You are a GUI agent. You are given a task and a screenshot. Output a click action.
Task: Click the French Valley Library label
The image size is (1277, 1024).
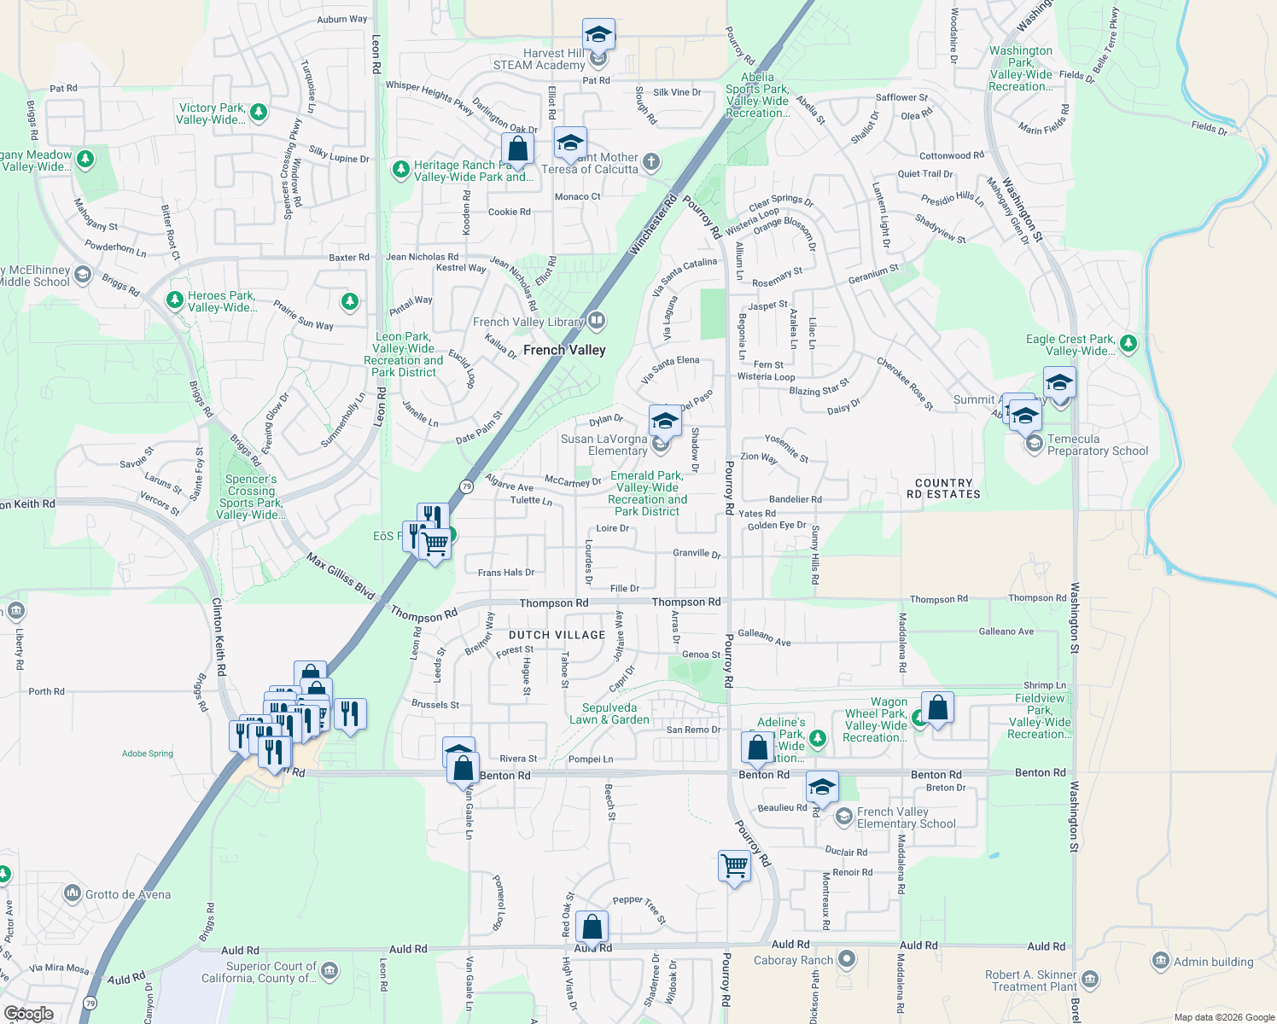(528, 322)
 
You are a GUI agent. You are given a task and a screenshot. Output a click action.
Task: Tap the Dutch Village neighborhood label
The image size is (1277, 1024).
(557, 635)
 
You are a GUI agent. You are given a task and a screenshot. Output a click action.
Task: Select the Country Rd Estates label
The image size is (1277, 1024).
(943, 488)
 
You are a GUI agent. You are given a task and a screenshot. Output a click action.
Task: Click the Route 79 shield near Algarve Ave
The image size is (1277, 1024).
(466, 486)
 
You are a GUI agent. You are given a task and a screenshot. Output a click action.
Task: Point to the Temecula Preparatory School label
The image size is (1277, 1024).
(1097, 445)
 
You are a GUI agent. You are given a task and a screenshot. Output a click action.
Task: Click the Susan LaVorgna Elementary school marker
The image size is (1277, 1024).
(665, 421)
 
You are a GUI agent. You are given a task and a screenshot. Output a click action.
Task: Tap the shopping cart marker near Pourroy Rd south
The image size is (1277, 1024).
(735, 865)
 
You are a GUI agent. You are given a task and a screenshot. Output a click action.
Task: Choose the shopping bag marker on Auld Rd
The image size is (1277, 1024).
(592, 927)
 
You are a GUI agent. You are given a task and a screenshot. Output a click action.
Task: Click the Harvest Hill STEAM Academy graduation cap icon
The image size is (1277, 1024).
(598, 35)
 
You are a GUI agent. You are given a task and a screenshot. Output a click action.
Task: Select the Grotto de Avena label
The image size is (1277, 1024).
(127, 894)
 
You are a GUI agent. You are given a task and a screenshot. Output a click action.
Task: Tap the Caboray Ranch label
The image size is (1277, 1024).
(793, 960)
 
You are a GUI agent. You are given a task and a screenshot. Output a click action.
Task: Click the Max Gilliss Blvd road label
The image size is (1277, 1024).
(341, 577)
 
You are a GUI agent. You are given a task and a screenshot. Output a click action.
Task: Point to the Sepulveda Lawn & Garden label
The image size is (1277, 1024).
(609, 713)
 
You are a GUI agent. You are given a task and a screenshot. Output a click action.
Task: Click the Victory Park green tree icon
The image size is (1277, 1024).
(259, 112)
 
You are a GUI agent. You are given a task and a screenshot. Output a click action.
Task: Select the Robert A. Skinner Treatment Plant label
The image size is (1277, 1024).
(1031, 980)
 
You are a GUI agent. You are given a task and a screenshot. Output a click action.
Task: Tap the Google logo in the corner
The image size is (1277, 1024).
(28, 1014)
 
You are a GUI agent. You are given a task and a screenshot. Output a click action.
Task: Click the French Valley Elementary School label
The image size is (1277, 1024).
(906, 817)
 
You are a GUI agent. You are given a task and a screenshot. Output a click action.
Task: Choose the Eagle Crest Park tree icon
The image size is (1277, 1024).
(1128, 343)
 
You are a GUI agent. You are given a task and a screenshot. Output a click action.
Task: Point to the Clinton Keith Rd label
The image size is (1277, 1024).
(219, 637)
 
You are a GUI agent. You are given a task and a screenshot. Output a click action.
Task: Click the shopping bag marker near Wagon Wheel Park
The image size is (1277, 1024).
(937, 707)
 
